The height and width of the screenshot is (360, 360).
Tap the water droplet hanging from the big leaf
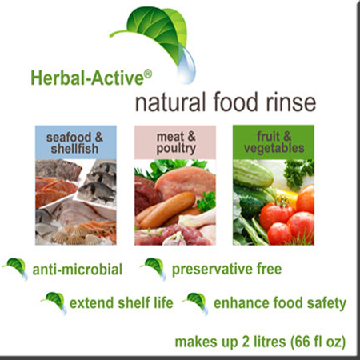187,66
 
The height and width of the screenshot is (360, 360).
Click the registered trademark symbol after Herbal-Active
148,74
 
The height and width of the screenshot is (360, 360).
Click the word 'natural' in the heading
170,102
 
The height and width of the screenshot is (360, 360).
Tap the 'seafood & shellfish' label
74,143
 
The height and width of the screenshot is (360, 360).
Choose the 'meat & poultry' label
176,143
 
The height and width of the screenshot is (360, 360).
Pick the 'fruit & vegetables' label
274,142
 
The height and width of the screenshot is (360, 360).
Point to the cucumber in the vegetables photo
253,174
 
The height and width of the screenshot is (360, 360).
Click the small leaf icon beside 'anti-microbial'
16,269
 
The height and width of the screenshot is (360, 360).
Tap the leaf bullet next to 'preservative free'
154,269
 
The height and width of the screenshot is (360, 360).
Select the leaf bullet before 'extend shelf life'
54,303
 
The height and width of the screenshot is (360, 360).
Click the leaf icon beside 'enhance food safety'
195,303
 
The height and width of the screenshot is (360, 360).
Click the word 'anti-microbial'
78,270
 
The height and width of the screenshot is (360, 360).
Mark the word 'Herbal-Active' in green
87,78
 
